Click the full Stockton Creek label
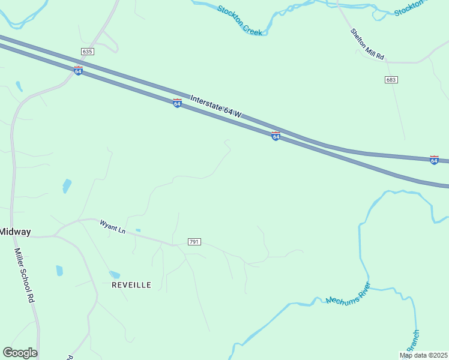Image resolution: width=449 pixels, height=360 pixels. pos(240,20)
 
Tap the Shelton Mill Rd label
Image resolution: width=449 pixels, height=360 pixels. pos(367,44)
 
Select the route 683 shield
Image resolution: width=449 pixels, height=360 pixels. pos(392,80)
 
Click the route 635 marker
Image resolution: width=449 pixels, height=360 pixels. pos(88,52)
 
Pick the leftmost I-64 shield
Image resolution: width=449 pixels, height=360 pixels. pos(78,71)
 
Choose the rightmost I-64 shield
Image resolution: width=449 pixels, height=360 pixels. pos(434,160)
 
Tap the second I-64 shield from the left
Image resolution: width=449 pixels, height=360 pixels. pos(177,103)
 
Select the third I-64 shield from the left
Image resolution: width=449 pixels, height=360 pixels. pos(276,136)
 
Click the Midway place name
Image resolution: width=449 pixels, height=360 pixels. pos(15,232)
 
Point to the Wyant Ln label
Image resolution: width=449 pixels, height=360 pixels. pos(113,227)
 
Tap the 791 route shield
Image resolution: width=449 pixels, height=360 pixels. pos(194,242)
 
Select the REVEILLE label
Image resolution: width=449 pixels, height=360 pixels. pos(131,285)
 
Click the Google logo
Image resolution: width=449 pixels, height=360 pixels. pos(20,353)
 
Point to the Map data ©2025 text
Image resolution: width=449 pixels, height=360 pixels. pos(423,355)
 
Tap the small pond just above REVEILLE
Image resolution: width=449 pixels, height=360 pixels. pos(114,275)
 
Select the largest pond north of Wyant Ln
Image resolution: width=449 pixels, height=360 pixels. pos(66,185)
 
